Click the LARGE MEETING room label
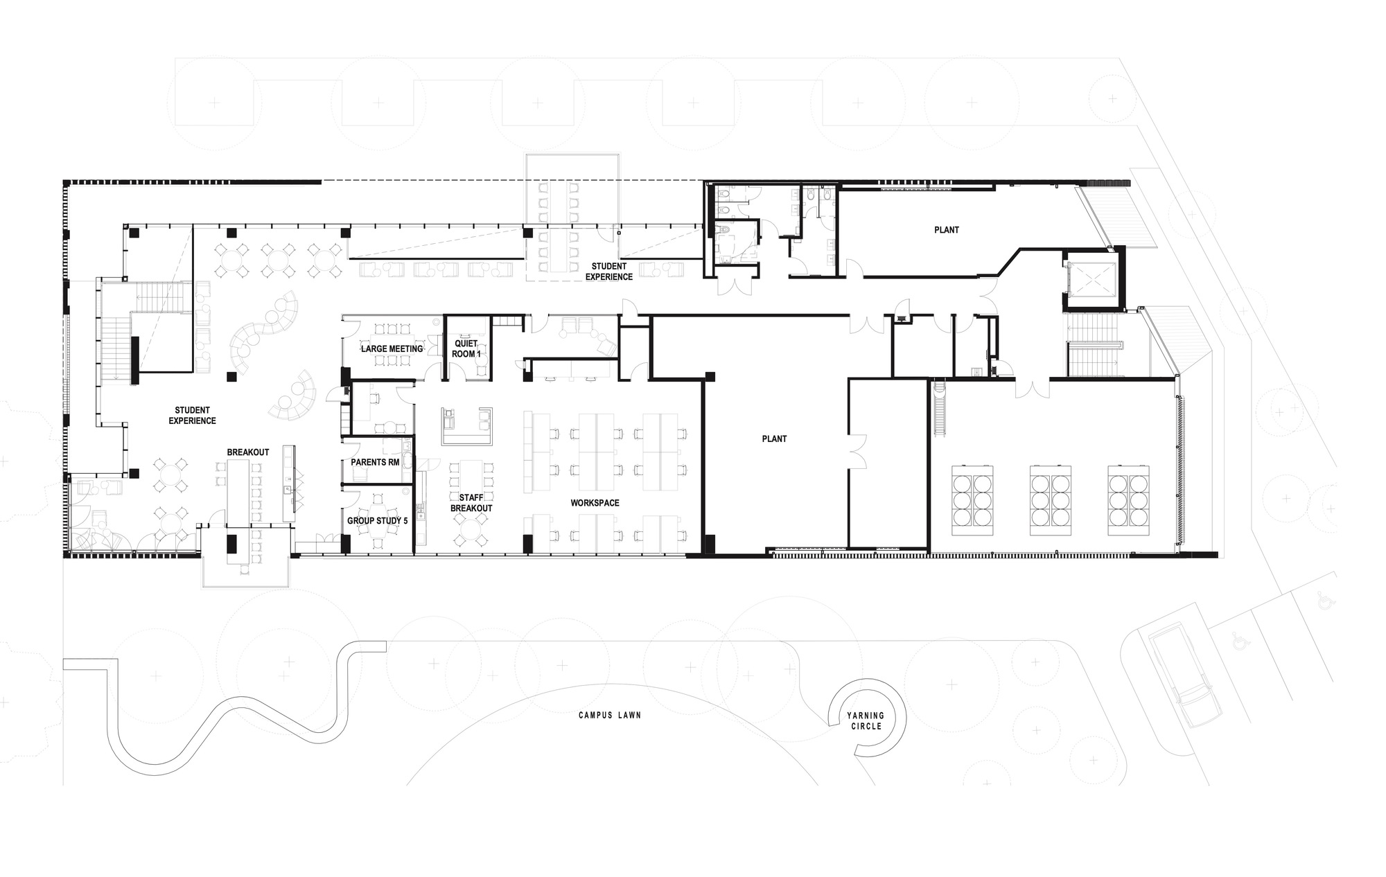[x=392, y=348]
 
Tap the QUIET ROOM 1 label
[x=466, y=348]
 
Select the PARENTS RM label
[x=375, y=461]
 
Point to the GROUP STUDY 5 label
[x=377, y=520]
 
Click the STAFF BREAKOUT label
[x=471, y=503]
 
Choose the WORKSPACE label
[x=595, y=503]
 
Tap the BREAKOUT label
[x=248, y=452]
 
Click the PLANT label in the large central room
[x=774, y=439]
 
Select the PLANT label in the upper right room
[x=947, y=230]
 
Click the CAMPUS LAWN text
[x=610, y=715]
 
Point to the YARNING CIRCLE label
[x=866, y=721]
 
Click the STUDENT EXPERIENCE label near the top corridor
[x=609, y=272]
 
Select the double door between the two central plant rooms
[x=857, y=451]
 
